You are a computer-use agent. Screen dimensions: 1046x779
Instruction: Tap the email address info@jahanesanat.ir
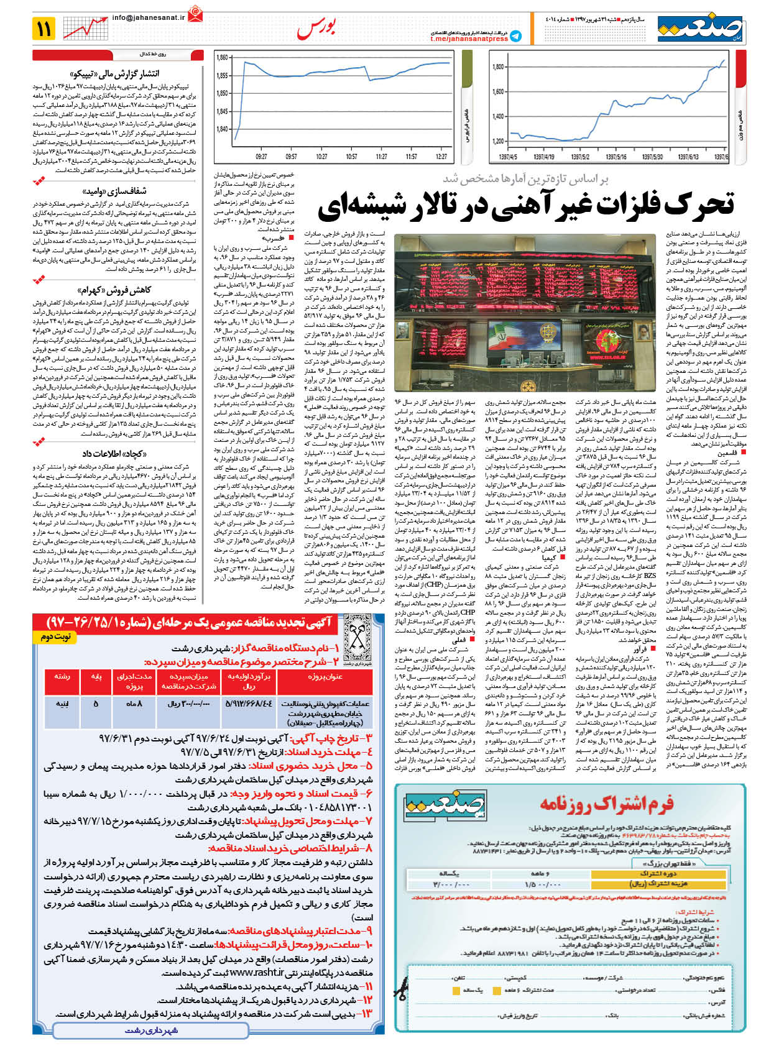[x=149, y=18]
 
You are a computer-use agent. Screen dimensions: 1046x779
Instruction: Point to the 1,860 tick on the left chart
[x=222, y=58]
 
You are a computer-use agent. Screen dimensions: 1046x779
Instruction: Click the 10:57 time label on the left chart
[x=351, y=157]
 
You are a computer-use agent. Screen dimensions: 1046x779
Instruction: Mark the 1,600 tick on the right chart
[x=497, y=91]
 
